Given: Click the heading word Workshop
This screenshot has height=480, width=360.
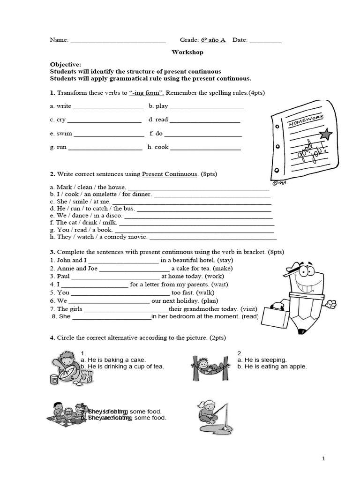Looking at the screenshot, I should [x=187, y=52].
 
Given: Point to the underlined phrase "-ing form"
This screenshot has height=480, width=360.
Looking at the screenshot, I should [x=146, y=93].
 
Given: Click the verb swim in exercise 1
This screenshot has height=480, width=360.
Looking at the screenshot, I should [x=64, y=133].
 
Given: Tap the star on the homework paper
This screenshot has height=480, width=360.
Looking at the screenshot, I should [x=325, y=135].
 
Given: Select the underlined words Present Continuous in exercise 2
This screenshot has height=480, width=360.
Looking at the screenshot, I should [x=169, y=174].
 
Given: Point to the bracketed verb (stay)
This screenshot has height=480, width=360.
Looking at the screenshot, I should [x=225, y=260].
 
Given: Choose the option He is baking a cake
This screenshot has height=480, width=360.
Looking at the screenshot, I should [x=113, y=360].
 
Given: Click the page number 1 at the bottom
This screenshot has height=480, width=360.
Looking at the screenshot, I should [x=323, y=459].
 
